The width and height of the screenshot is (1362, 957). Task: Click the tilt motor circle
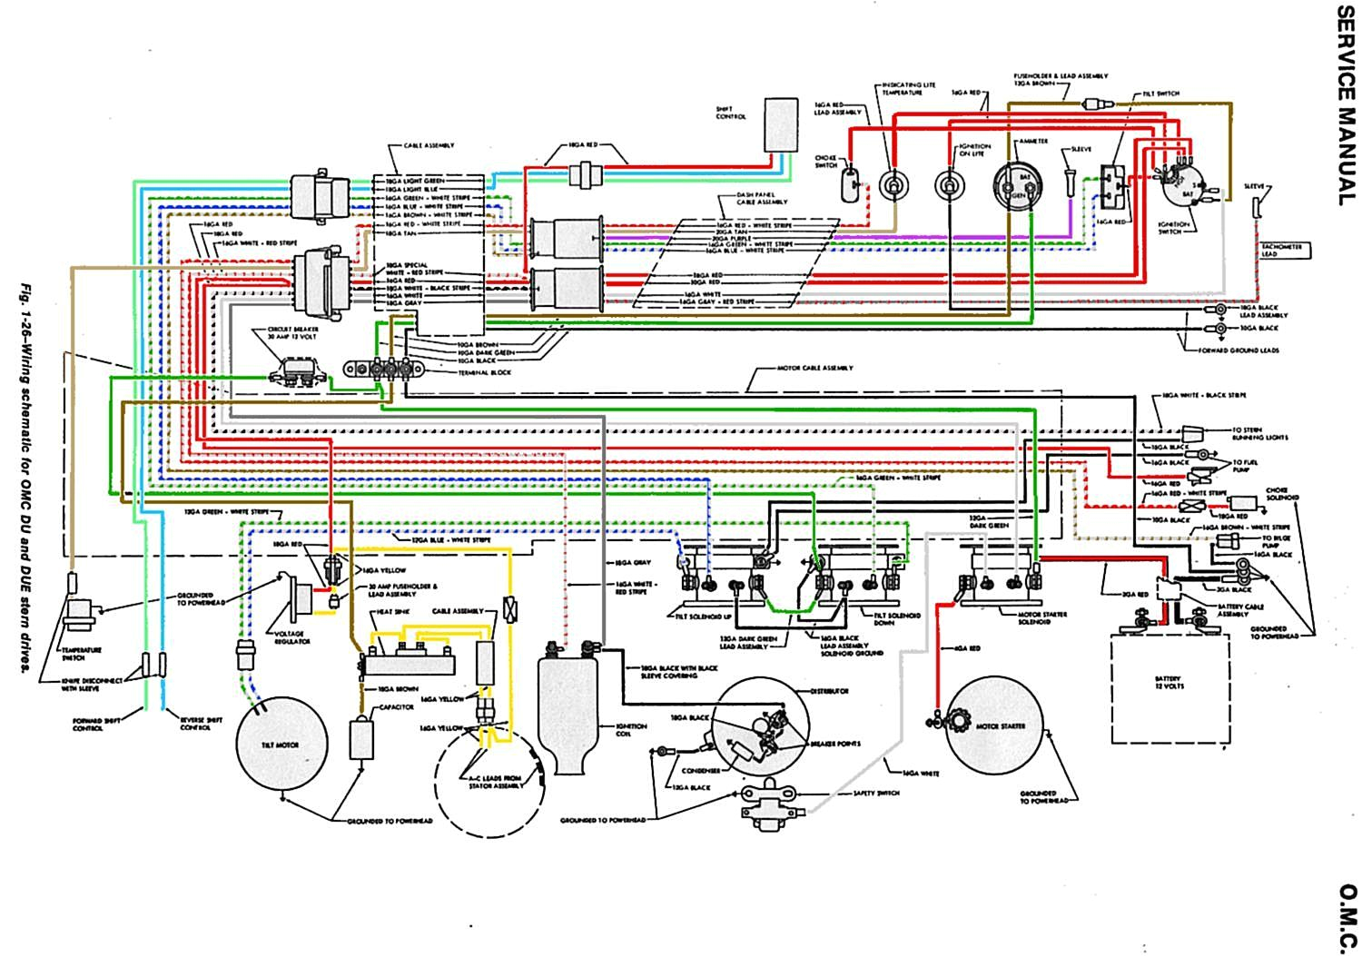281,745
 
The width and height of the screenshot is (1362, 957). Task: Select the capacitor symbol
367,737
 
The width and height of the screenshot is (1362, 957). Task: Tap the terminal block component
384,370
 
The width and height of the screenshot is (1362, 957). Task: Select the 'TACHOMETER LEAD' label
1280,251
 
